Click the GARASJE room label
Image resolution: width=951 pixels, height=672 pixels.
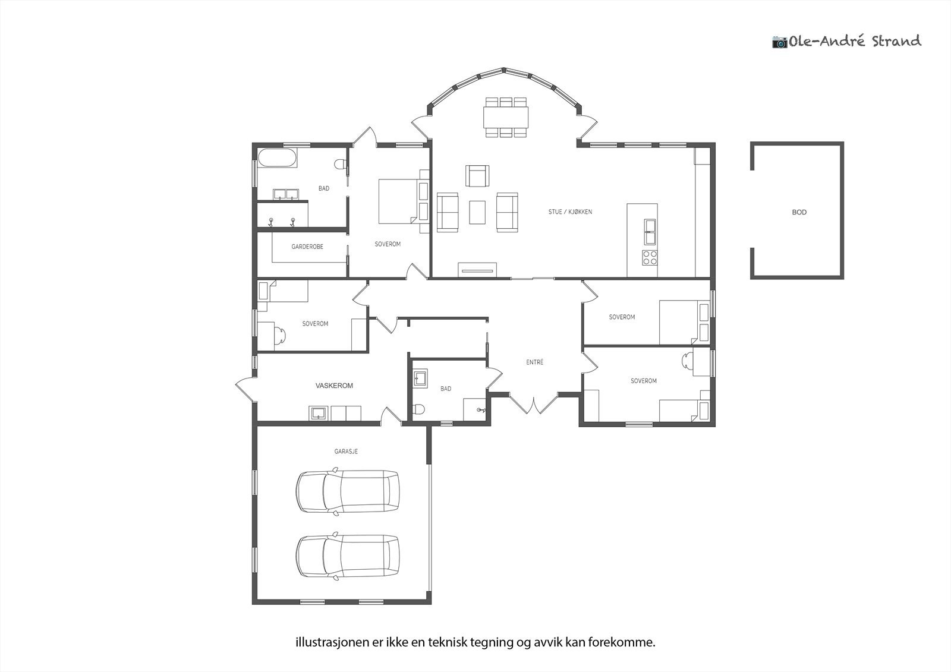point(346,451)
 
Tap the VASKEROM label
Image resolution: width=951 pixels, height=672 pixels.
point(334,386)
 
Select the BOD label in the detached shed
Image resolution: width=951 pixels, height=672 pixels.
point(799,212)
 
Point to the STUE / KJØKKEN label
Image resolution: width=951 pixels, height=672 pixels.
point(570,212)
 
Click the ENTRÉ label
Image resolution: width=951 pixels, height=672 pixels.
point(534,362)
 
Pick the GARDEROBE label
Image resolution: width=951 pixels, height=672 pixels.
point(307,247)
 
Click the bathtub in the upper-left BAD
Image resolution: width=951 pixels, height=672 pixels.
point(277,158)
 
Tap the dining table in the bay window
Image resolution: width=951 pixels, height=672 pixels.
point(506,117)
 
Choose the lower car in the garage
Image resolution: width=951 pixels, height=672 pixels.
point(348,556)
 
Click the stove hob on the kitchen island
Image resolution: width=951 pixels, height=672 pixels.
point(650,258)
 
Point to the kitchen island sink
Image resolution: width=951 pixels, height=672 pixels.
point(650,232)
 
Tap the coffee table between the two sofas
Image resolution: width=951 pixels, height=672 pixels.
point(477,212)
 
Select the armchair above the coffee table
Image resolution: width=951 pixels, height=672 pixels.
point(477,176)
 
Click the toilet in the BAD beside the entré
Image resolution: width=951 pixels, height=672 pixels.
point(418,408)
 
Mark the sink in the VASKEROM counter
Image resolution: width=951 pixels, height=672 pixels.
point(319,413)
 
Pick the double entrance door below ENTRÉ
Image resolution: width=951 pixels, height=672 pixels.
point(533,403)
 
